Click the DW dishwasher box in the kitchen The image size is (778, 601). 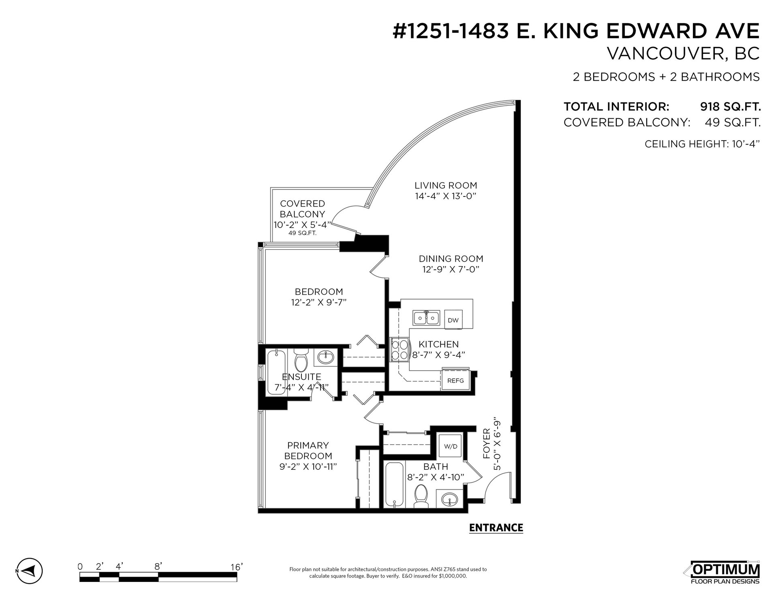pos(453,320)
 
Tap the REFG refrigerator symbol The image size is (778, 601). pos(455,381)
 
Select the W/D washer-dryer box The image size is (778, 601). pos(451,447)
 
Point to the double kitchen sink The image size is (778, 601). pos(427,318)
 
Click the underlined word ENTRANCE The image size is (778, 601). pos(496,528)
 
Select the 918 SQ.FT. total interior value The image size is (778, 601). pos(731,107)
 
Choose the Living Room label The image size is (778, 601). pos(446,185)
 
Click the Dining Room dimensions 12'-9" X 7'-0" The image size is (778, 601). pos(451,269)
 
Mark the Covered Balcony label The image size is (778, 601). pos(303,209)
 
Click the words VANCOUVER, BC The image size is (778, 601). pos(683,54)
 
